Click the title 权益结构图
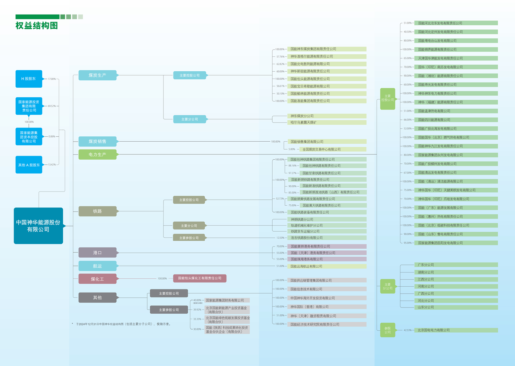[36, 26]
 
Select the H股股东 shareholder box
[29, 79]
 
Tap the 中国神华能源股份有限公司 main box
[38, 226]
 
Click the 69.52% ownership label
[52, 106]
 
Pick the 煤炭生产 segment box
[97, 75]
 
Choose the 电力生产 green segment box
[97, 154]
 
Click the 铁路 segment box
[97, 211]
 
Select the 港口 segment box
[97, 253]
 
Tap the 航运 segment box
[97, 266]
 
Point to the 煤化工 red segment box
[97, 279]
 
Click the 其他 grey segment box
[97, 297]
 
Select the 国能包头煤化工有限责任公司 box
[200, 278]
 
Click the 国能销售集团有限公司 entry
[307, 142]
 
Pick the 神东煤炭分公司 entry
[302, 116]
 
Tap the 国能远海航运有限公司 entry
[306, 266]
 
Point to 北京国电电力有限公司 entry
[434, 330]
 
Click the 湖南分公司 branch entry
[426, 272]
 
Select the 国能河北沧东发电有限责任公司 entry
[440, 23]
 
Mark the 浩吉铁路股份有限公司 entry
[307, 238]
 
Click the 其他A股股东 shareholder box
[29, 165]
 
